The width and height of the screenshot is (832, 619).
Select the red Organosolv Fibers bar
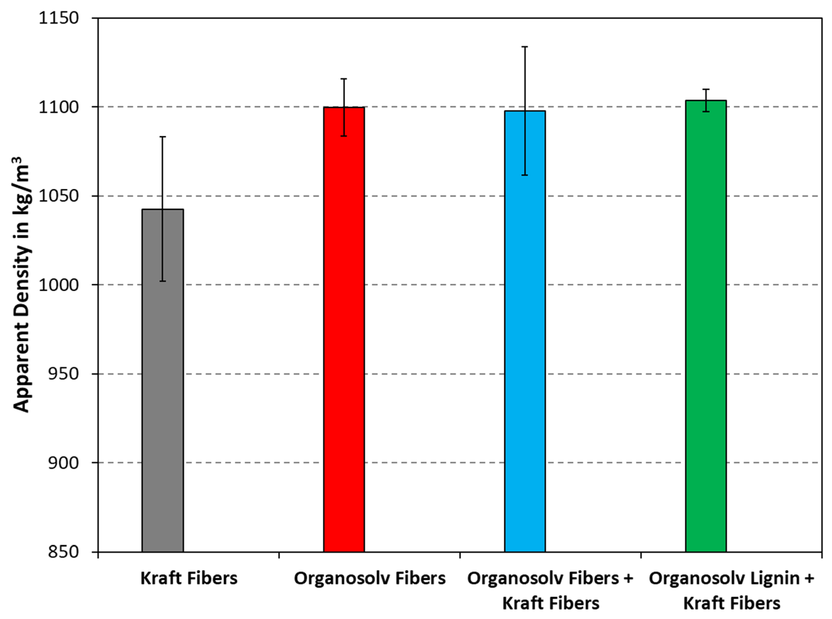344,330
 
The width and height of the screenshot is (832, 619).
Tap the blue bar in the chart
525,332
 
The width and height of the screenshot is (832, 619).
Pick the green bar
706,326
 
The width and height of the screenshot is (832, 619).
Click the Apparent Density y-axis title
21,285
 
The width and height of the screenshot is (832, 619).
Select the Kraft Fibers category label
189,578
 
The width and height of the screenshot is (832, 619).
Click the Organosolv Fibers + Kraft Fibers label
550,591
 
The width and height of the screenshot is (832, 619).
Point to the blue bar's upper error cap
525,47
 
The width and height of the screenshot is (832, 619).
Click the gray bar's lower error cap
163,281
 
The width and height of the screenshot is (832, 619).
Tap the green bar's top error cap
706,89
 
